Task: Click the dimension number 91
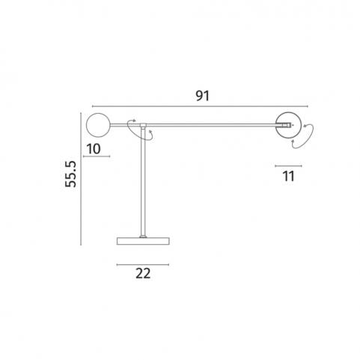pyautogui.click(x=202, y=96)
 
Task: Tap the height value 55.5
pyautogui.click(x=70, y=174)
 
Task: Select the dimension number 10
pyautogui.click(x=94, y=149)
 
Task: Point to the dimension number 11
pyautogui.click(x=288, y=176)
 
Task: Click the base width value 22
pyautogui.click(x=143, y=273)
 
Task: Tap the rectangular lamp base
pyautogui.click(x=143, y=241)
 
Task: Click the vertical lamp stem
pyautogui.click(x=143, y=182)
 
